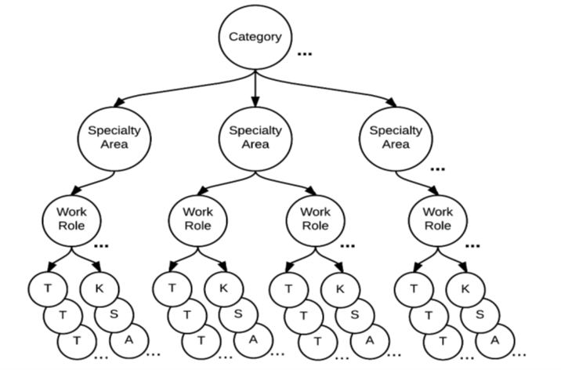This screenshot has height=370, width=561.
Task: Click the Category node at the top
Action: coord(255,37)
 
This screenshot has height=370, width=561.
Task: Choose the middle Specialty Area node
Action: coord(255,138)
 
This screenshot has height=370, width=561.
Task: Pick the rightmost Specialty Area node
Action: coord(396,138)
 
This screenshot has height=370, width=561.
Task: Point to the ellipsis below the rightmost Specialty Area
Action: coord(437,169)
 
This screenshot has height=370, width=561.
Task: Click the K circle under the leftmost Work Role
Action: coord(99,287)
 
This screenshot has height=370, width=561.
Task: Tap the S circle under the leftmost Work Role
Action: coord(113,314)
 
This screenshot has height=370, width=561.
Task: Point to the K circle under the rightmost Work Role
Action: coord(466,287)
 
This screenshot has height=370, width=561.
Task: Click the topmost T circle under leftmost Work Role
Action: coord(49,288)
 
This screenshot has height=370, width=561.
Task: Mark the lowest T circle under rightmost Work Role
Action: coord(444,340)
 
